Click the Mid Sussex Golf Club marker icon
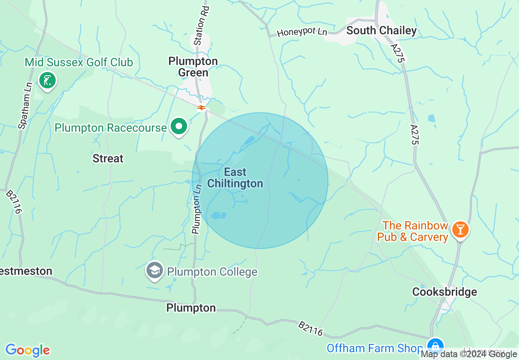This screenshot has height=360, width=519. coord(48,80)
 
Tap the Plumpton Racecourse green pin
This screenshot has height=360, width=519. coord(178,126)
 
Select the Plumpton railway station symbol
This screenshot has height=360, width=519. coord(201,108)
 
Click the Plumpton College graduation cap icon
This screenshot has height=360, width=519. coord(155,270)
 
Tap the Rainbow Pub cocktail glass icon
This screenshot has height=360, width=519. coord(460,229)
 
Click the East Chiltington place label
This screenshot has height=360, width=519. coord(235,178)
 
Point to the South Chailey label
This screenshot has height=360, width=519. coord(381,30)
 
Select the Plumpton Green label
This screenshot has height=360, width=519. coord(194,67)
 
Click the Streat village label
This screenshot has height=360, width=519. coord(108,158)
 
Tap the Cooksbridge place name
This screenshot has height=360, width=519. coord(445,292)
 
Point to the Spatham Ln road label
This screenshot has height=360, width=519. coord(25,110)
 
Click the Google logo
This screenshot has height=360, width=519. coord(27,350)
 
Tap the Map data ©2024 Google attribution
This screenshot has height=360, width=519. coord(469,354)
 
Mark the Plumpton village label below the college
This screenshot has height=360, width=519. coord(191,308)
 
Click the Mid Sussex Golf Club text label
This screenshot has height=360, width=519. coord(79,62)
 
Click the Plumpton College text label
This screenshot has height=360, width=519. coord(212,272)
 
